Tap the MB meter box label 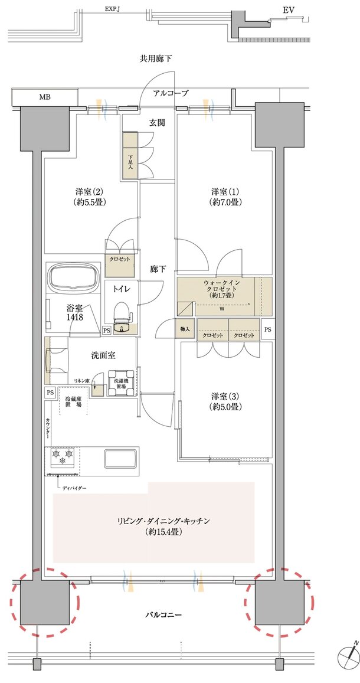coord(45,97)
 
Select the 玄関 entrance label coord(156,123)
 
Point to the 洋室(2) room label coord(90,197)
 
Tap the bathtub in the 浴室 coord(74,277)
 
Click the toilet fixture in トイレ coord(122,313)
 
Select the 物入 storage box coord(184,329)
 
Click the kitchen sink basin coord(122,458)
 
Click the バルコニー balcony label coord(163,615)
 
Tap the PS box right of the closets coord(267,329)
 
